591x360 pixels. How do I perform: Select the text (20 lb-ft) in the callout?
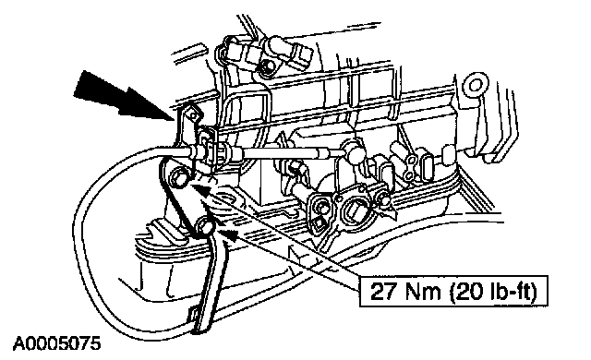[493, 292]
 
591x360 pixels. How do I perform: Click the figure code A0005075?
[57, 343]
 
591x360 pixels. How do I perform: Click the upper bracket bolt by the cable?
[177, 177]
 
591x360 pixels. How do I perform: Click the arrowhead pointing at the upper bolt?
[199, 189]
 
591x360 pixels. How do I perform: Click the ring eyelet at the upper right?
[476, 84]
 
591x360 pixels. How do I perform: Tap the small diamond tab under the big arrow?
[194, 116]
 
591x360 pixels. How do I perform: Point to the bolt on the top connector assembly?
[269, 66]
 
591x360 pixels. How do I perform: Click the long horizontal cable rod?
[286, 152]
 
